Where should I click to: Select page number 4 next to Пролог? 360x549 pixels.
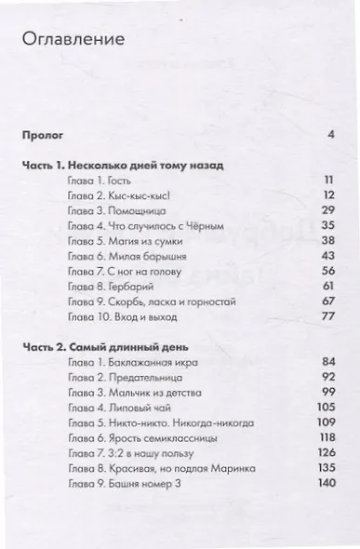point(330,135)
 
